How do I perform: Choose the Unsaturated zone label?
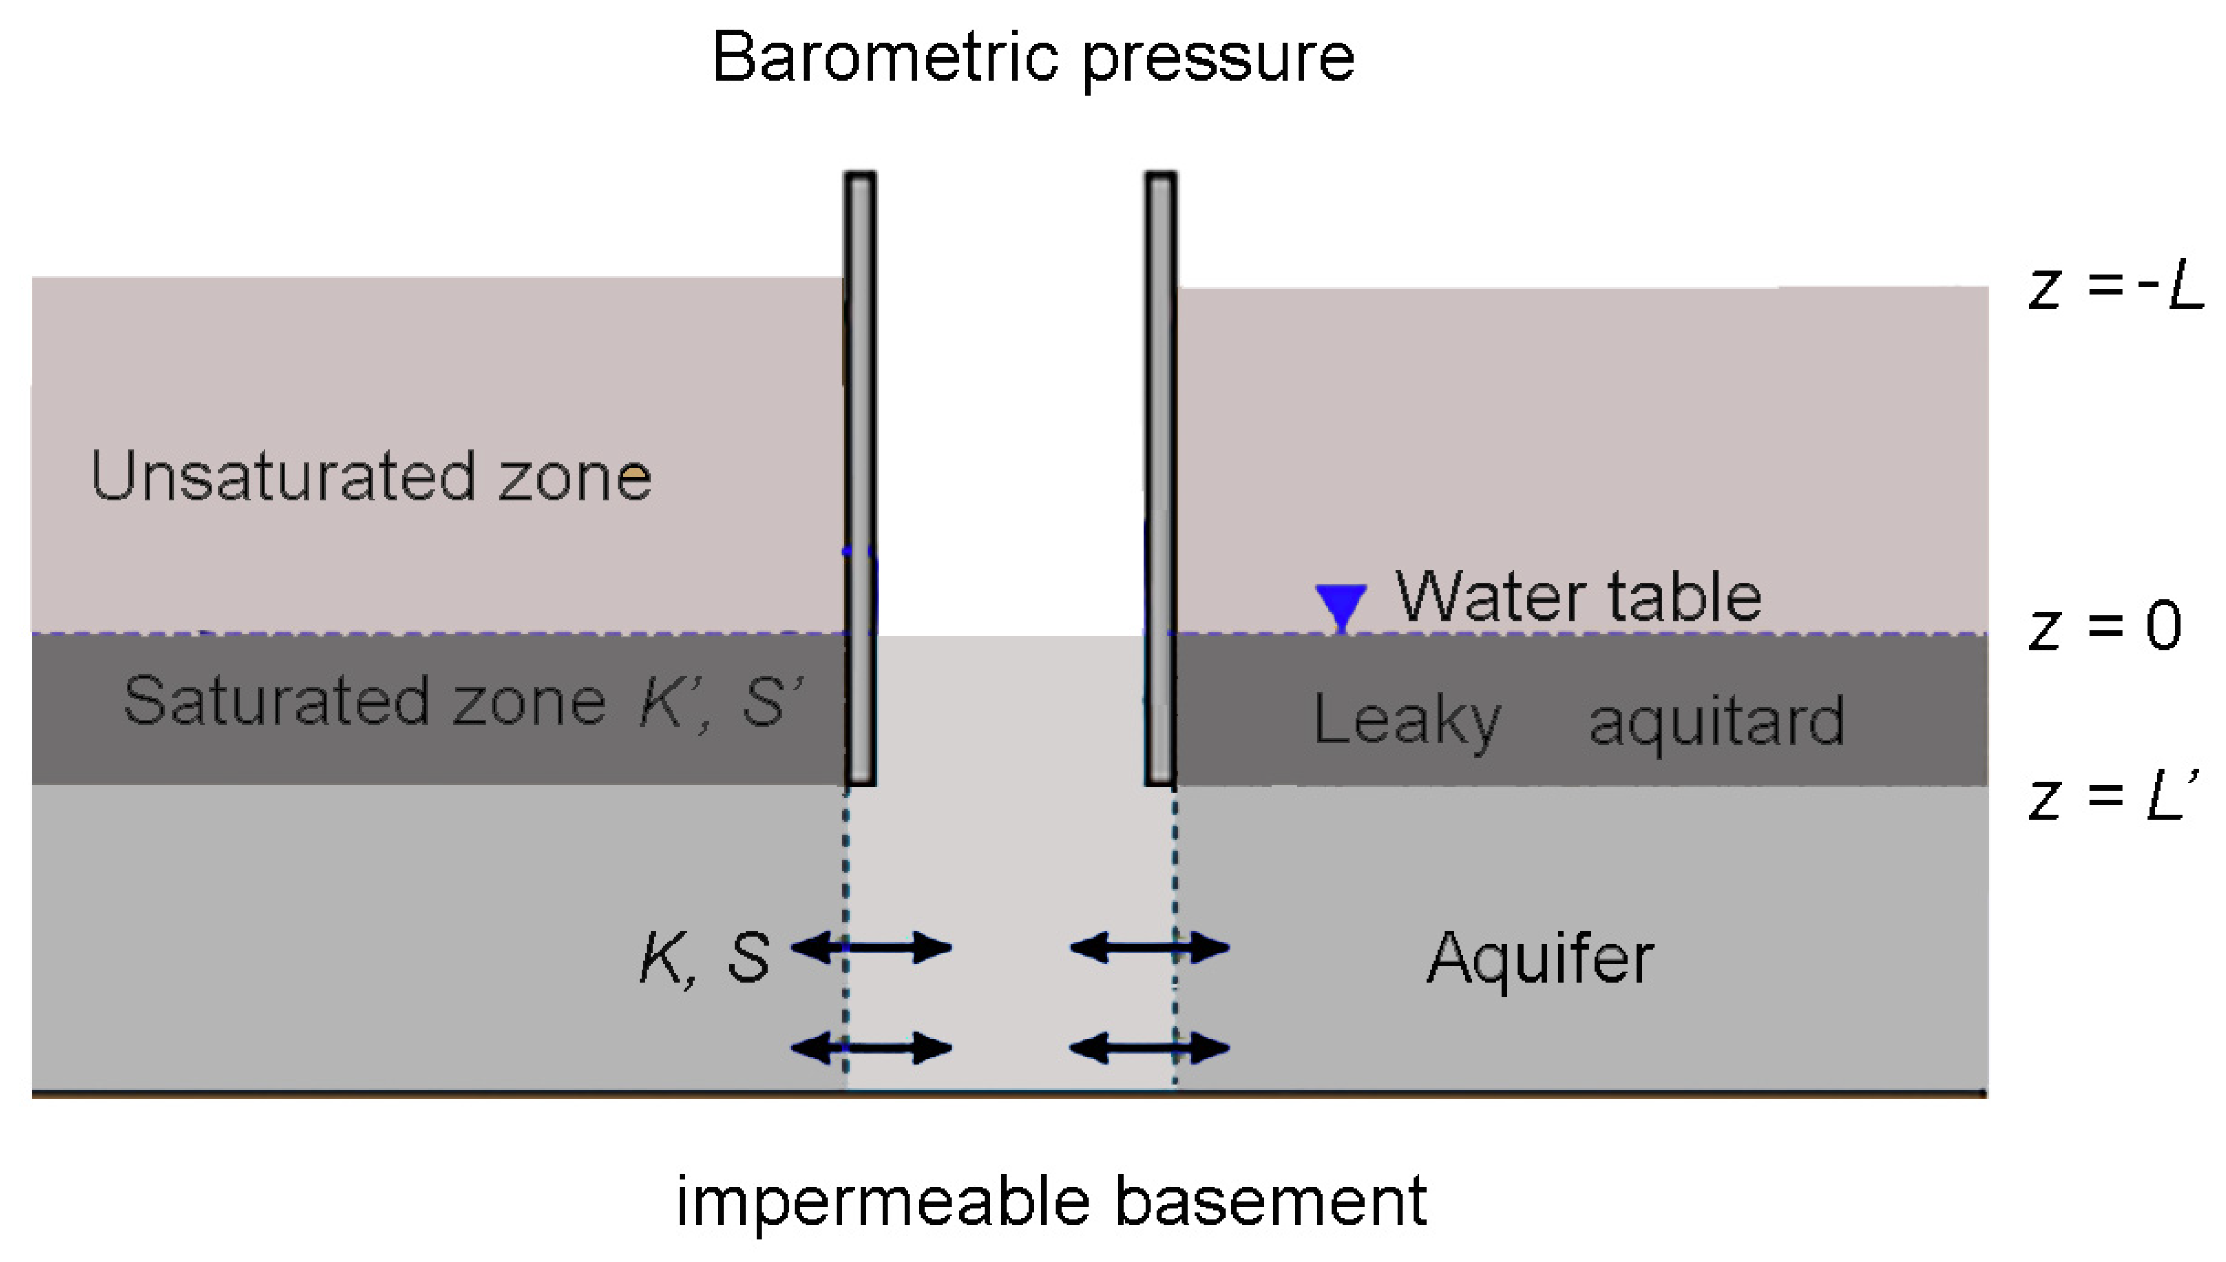point(370,477)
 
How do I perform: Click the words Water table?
point(1578,597)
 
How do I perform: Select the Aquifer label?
point(1540,959)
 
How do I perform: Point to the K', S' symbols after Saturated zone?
point(721,700)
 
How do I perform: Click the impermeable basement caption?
point(1051,1201)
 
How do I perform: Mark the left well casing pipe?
point(861,477)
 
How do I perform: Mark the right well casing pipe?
point(1160,477)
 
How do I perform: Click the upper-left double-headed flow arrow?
point(872,947)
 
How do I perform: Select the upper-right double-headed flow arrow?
point(1150,947)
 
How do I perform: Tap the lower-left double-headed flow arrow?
point(872,1049)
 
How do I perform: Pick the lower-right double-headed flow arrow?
point(1150,1049)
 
